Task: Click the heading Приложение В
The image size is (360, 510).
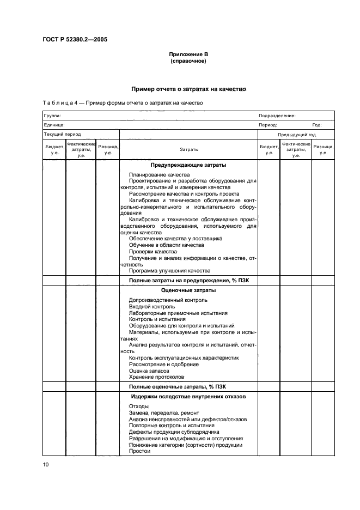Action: click(x=188, y=54)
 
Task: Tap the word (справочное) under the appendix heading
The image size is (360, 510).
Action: click(x=188, y=61)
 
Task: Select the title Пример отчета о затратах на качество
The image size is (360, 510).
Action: click(x=188, y=88)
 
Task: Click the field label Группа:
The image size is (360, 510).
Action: click(x=52, y=116)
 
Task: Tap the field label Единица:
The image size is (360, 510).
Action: click(x=54, y=124)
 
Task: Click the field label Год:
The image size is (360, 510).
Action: click(x=316, y=124)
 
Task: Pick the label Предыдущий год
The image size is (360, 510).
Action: click(x=297, y=134)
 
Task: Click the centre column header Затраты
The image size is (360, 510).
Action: click(x=188, y=149)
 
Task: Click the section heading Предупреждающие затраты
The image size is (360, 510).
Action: click(x=188, y=165)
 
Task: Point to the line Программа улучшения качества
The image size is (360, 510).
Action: click(x=169, y=270)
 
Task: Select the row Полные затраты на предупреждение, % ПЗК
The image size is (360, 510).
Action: click(x=188, y=280)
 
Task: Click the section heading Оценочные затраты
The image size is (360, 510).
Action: click(x=188, y=290)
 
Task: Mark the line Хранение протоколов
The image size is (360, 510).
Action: click(x=156, y=377)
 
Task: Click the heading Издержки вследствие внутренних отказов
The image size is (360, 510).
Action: click(x=188, y=396)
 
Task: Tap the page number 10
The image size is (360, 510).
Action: click(x=46, y=464)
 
